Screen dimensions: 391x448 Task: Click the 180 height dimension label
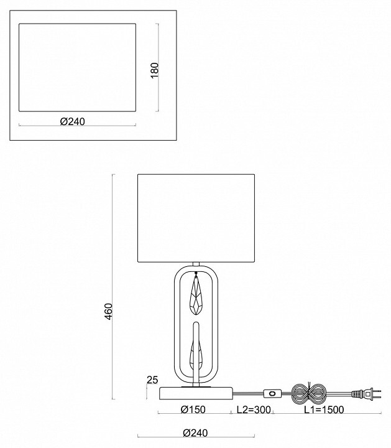click(x=155, y=69)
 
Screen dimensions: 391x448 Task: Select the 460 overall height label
click(x=108, y=311)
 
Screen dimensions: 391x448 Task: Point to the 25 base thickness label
click(x=152, y=379)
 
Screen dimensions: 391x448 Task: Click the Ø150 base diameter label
click(x=193, y=409)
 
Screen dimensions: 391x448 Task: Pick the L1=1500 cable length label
click(x=324, y=409)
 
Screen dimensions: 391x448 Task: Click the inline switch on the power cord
click(x=272, y=393)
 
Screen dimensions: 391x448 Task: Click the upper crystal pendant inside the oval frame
click(x=196, y=297)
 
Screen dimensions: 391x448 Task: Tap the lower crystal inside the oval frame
click(x=196, y=352)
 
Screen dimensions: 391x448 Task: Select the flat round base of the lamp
click(x=196, y=393)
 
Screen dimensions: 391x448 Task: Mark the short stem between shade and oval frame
click(x=196, y=264)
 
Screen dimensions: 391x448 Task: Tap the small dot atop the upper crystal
click(x=196, y=274)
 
